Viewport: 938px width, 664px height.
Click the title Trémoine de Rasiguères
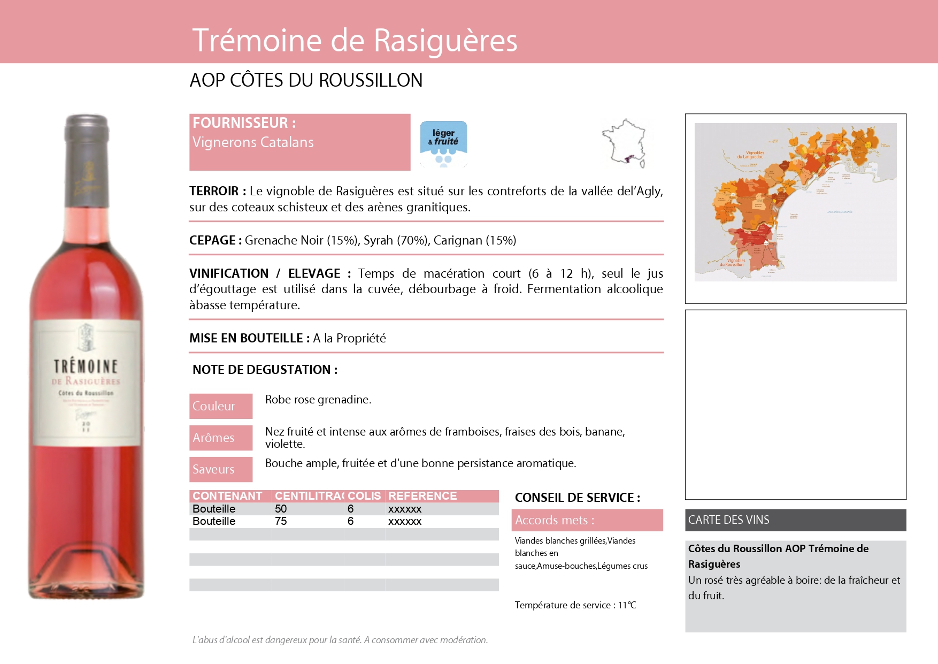pyautogui.click(x=355, y=41)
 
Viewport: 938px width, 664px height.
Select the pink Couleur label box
pyautogui.click(x=220, y=406)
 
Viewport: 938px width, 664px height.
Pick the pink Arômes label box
pyautogui.click(x=220, y=438)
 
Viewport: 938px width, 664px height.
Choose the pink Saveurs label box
pyautogui.click(x=220, y=469)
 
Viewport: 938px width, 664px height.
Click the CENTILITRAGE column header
pyautogui.click(x=309, y=496)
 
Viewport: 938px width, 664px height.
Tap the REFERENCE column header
pyautogui.click(x=422, y=496)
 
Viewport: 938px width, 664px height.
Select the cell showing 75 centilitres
pyautogui.click(x=281, y=521)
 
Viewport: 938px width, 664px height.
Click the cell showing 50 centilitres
pyautogui.click(x=281, y=509)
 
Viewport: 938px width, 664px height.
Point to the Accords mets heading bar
pyautogui.click(x=587, y=520)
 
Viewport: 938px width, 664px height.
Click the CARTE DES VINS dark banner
pyautogui.click(x=795, y=520)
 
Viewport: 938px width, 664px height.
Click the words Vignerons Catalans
pyautogui.click(x=253, y=142)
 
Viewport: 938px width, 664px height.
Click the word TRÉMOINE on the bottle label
pyautogui.click(x=86, y=367)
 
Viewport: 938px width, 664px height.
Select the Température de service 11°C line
pyautogui.click(x=575, y=605)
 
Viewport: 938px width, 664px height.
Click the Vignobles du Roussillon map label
pyautogui.click(x=733, y=263)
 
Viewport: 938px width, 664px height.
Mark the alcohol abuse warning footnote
pyautogui.click(x=340, y=640)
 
